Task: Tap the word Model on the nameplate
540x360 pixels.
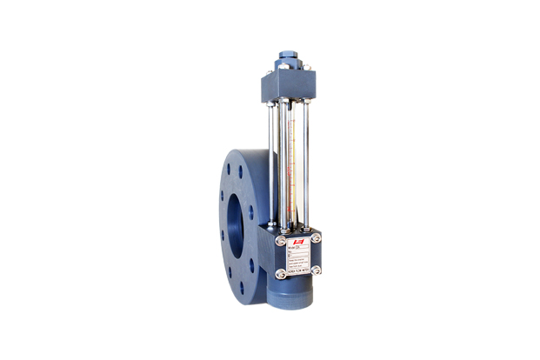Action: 290,248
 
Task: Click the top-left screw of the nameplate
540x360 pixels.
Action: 280,239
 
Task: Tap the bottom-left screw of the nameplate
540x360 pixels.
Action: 280,274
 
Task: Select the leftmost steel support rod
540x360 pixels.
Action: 272,161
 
